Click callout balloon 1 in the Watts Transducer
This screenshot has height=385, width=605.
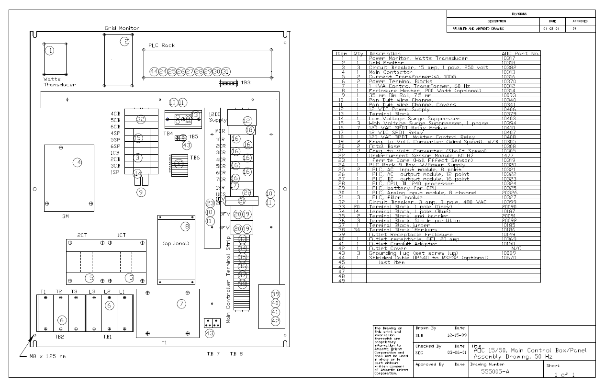coord(49,50)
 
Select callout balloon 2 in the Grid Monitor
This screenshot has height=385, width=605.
coord(125,42)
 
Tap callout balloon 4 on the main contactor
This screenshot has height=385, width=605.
coord(77,162)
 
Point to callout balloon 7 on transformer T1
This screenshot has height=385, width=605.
coord(180,304)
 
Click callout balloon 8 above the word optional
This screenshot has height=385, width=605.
coord(185,226)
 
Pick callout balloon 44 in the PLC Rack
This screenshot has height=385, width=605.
coord(154,71)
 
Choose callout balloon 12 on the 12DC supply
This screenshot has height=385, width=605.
coord(247,121)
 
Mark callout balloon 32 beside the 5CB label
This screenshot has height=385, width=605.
coord(140,119)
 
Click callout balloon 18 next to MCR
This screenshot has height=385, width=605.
coord(249,130)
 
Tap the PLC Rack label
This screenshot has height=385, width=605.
coord(161,45)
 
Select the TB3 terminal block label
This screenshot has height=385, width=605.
coord(246,82)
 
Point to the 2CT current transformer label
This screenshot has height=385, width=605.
coord(82,236)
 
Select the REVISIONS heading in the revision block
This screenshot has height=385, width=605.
coord(519,14)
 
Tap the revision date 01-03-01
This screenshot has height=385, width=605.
coord(551,29)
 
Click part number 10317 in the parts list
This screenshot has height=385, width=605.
coord(508,58)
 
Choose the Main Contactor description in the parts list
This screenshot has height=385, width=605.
coord(387,72)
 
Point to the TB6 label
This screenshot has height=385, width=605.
coord(195,158)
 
